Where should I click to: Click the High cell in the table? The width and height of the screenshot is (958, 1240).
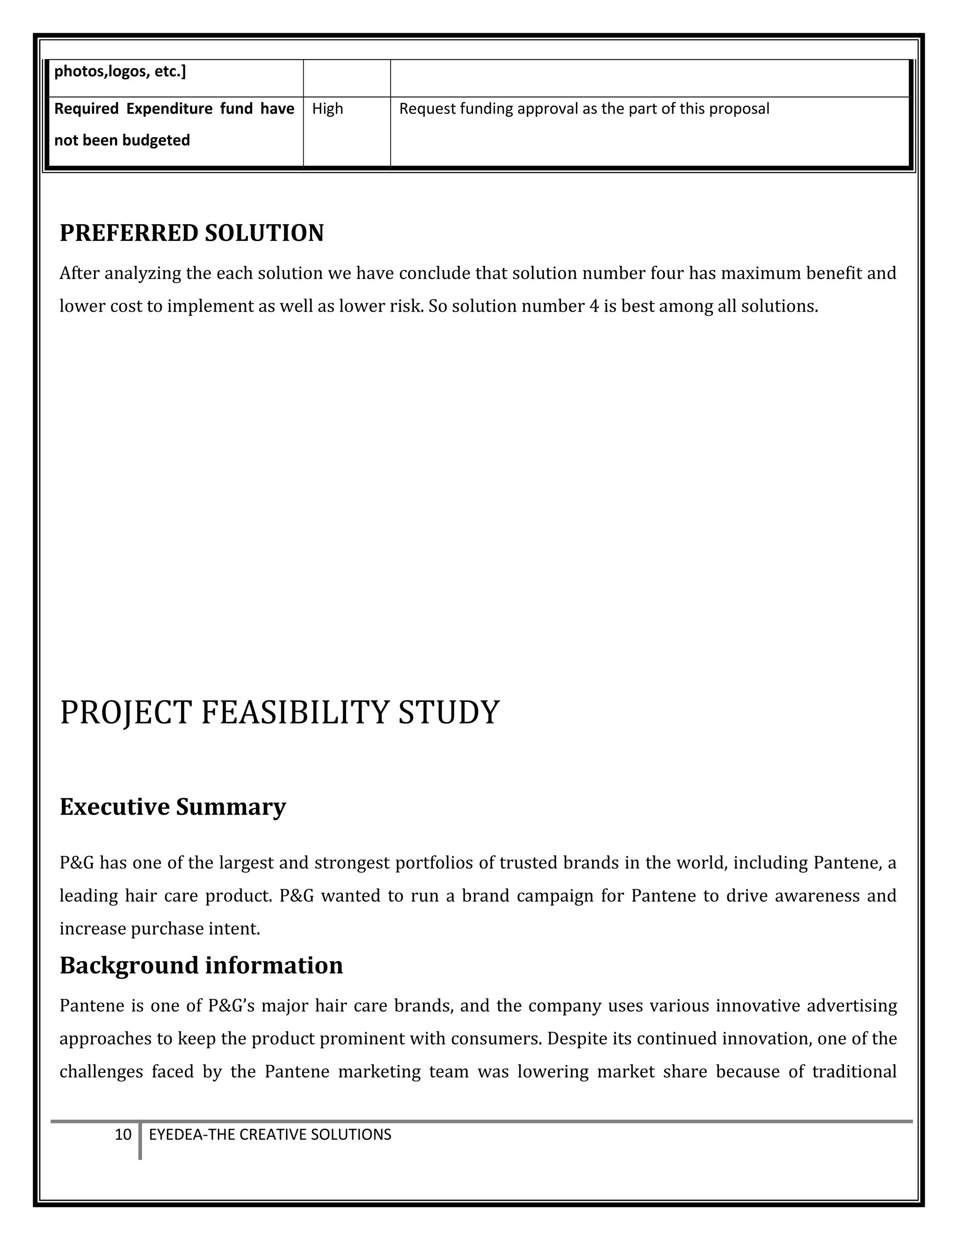(327, 109)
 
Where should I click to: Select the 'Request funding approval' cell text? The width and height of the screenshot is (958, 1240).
(583, 109)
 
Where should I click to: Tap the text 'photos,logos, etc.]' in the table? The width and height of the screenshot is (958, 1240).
(120, 72)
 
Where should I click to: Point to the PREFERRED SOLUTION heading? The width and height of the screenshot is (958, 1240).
(191, 233)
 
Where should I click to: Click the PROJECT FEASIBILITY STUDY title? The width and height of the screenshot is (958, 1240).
(279, 713)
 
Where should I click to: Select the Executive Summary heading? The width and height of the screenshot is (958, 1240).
(173, 807)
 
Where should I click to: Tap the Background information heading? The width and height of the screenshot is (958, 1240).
(201, 965)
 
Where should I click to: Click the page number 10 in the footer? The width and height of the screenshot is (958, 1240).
(123, 1134)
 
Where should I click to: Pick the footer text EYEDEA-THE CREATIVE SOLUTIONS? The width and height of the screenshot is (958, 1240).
(269, 1134)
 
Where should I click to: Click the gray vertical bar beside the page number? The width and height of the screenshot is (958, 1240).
(139, 1140)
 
